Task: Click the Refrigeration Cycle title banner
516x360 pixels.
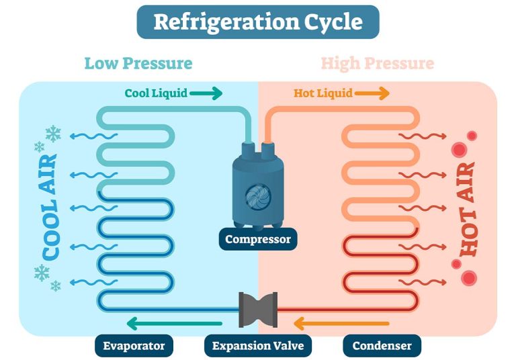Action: coord(258,21)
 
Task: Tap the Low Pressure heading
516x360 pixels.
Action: coord(138,64)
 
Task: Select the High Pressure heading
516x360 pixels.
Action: coord(377,64)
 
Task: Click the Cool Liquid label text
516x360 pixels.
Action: coord(156,93)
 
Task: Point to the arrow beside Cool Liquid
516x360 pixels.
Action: coord(206,93)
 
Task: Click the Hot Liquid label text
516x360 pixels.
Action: coord(323,93)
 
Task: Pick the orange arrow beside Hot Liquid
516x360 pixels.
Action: coord(372,93)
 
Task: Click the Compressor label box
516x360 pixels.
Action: coord(258,239)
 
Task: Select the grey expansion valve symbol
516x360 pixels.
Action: coord(258,310)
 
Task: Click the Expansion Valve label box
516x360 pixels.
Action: coord(258,347)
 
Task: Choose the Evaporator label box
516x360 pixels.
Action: coord(134,347)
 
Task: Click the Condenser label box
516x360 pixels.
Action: coord(382,347)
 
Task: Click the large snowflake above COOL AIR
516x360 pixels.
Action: coord(53,133)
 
